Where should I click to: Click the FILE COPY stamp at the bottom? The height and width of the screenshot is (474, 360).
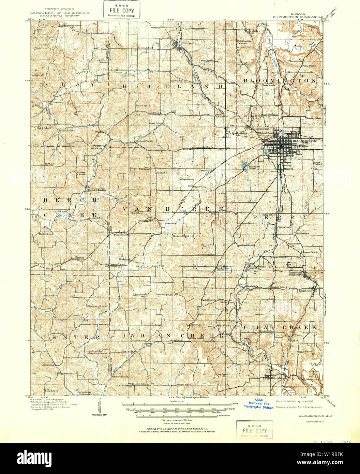point(255,430)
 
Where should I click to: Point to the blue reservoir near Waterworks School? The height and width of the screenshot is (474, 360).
point(244,166)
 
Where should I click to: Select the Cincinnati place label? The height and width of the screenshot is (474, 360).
point(48,365)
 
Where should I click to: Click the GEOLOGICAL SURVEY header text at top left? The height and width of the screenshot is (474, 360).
point(60,16)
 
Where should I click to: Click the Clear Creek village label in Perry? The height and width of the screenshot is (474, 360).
point(284,227)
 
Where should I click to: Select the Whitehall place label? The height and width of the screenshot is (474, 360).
point(101,132)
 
